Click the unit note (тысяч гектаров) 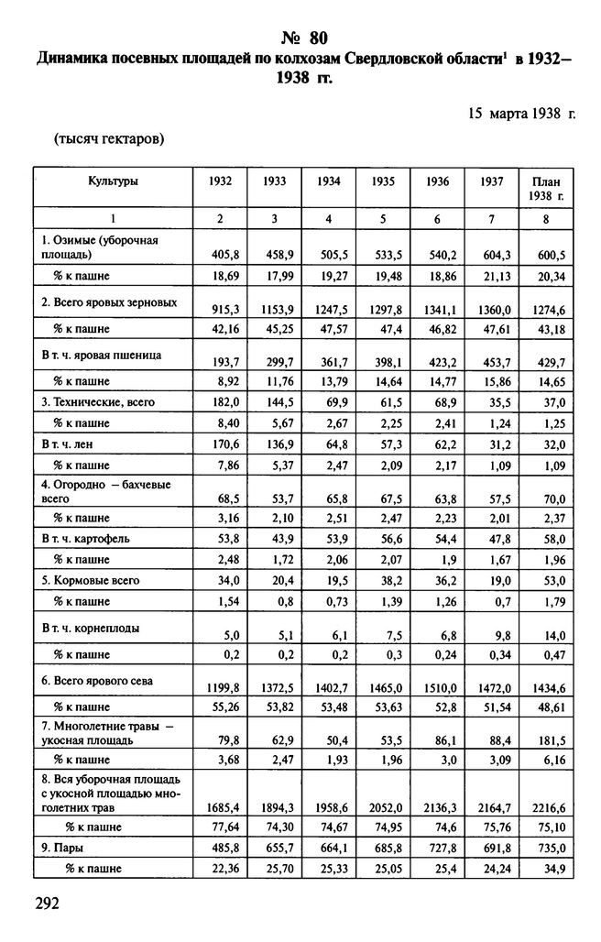[109, 139]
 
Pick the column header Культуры [114, 181]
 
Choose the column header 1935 [383, 181]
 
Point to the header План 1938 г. [546, 189]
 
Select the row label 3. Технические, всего [97, 401]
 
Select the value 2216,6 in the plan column [546, 808]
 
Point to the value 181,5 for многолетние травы [547, 739]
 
